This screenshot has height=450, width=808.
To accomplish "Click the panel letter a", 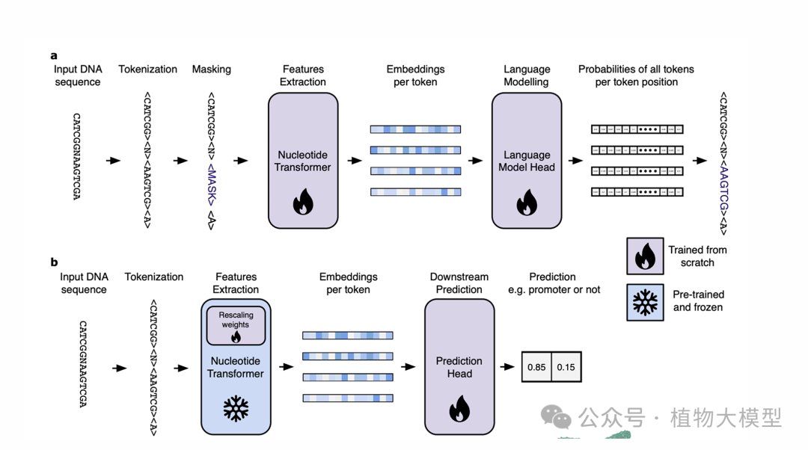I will coord(54,55).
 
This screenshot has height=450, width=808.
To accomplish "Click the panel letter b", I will coord(54,262).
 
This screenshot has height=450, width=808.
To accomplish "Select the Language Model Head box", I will coord(527,161).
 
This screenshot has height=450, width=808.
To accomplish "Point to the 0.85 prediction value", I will coord(536,367).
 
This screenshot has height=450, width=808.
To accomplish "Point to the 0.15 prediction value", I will coord(566,367).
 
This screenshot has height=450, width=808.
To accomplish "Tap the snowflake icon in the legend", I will coord(644,301).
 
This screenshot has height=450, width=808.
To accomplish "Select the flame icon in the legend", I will coord(644,256).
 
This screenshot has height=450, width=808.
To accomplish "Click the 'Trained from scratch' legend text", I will coord(697,256).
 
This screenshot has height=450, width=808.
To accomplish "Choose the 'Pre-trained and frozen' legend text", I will coord(698,300).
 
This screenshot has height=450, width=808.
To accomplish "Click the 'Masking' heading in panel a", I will coord(212,70).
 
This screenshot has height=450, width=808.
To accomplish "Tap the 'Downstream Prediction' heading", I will coord(459,283).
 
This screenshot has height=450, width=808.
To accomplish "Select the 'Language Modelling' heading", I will coord(527,75).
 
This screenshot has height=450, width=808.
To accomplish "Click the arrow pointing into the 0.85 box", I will coord(509,367).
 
